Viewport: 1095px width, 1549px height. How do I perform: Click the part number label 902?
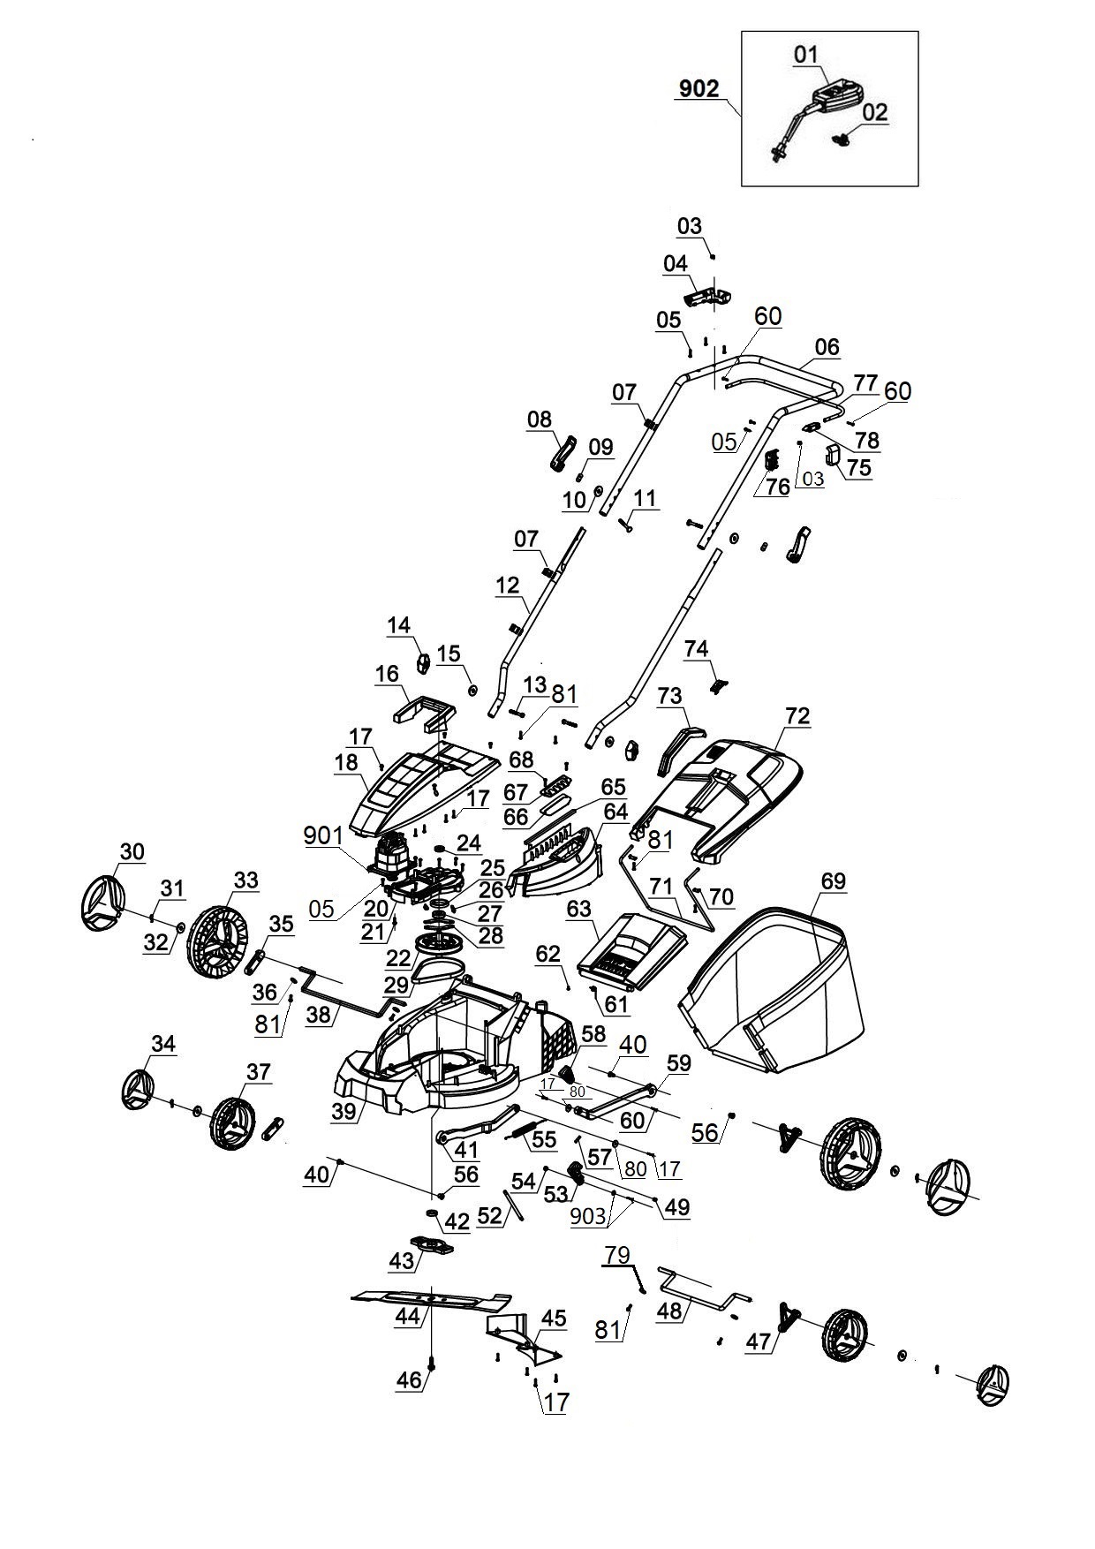pos(699,88)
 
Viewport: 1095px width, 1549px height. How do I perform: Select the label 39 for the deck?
pos(344,1111)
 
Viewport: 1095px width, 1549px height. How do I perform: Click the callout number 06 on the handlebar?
pos(827,347)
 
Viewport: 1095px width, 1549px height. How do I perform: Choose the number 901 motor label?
pos(323,835)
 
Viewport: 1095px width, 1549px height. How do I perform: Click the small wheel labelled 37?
pos(230,1124)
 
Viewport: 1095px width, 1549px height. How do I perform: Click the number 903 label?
pos(588,1216)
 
